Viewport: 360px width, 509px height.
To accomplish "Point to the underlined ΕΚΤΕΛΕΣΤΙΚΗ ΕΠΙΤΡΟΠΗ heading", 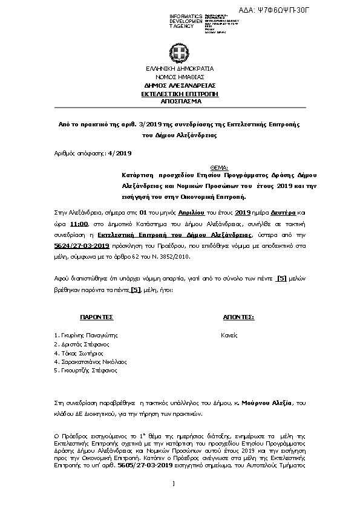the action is (x=179, y=94).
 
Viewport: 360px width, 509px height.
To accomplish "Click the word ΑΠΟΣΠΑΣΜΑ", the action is (x=179, y=102).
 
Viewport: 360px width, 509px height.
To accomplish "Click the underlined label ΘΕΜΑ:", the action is (x=218, y=167).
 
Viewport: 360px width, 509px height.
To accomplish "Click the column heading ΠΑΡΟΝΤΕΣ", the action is (x=96, y=317).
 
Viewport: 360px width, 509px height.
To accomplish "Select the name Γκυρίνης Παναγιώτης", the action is (x=85, y=334).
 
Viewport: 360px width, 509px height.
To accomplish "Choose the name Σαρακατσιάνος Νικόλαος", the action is (x=90, y=361).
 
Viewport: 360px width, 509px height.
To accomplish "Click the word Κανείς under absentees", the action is (x=229, y=334).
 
